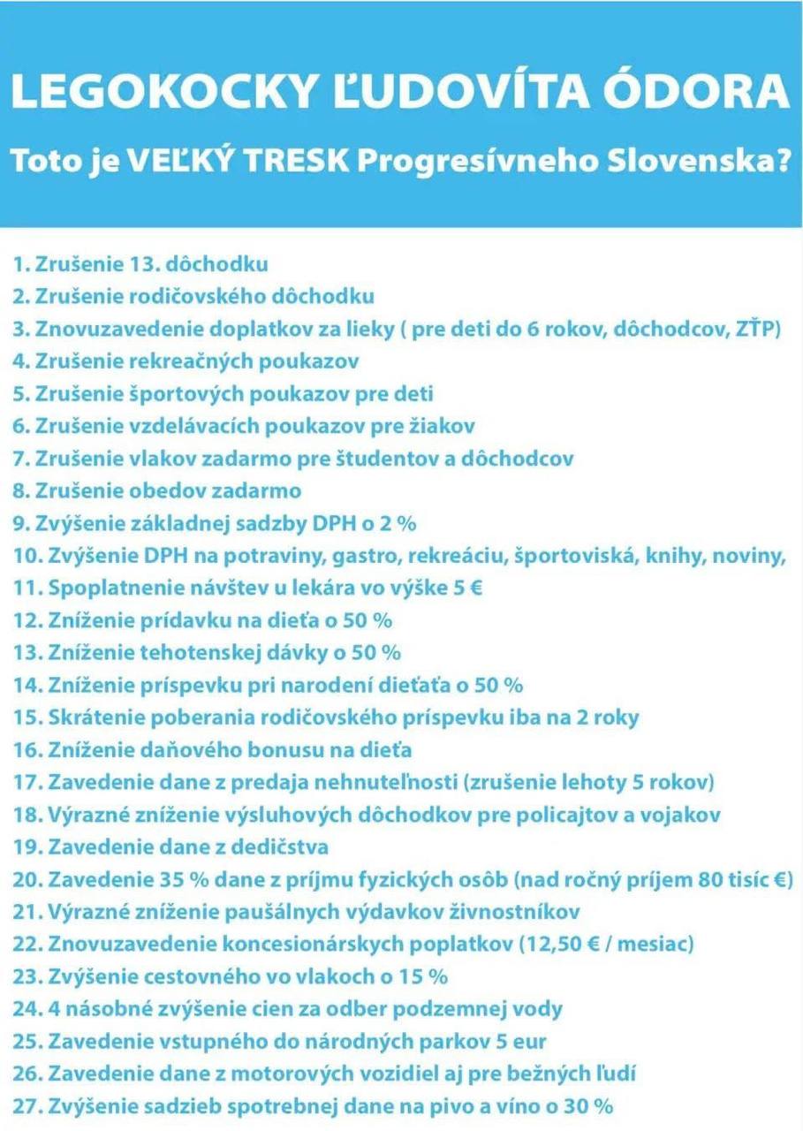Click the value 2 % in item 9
pyautogui.click(x=397, y=523)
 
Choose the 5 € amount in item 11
pyautogui.click(x=467, y=588)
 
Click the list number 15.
pyautogui.click(x=26, y=717)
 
